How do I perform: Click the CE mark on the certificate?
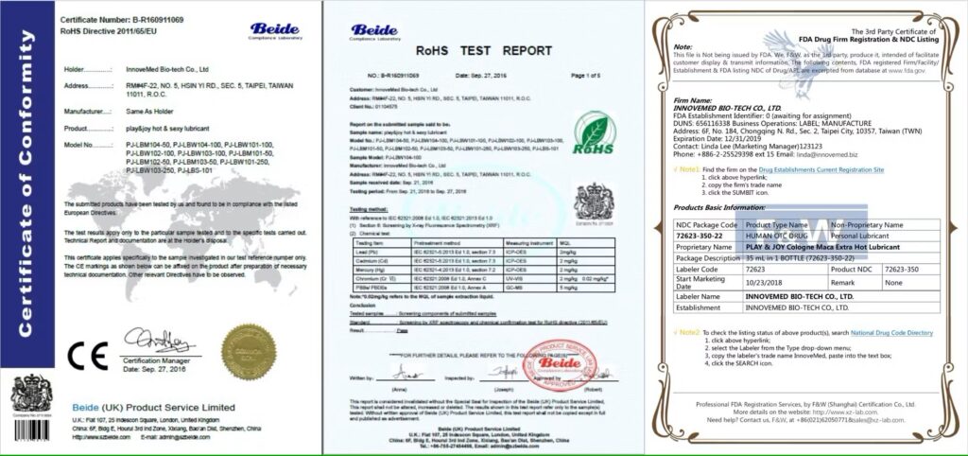click(x=83, y=353)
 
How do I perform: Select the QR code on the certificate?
click(x=32, y=401)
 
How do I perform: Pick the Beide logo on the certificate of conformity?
click(x=275, y=30)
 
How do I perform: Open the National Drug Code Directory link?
click(x=891, y=333)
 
